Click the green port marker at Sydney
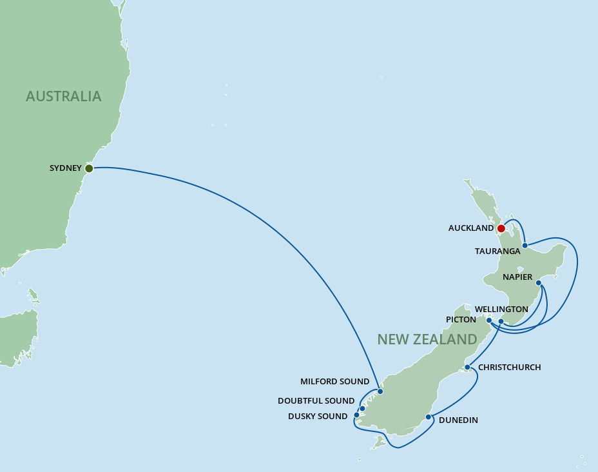tap(89, 168)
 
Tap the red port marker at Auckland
tap(501, 228)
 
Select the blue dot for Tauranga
tap(525, 245)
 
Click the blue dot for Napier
tap(539, 282)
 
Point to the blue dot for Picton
tap(489, 320)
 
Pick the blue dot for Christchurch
tap(467, 367)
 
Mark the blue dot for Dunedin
tap(429, 417)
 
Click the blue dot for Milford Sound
tap(380, 391)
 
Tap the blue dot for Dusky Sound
tap(356, 415)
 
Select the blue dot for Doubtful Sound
tap(363, 408)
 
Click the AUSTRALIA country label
tap(64, 97)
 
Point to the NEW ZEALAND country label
tap(427, 339)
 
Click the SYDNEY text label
tap(66, 168)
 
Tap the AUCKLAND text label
tap(471, 228)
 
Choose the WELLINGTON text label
tap(501, 310)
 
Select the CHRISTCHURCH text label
tap(510, 368)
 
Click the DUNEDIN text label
tap(458, 420)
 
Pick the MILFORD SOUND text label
tap(335, 382)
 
